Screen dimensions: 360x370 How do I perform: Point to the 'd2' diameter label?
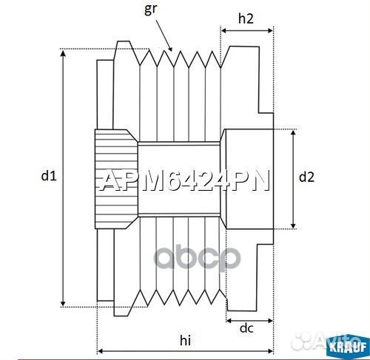click(x=306, y=177)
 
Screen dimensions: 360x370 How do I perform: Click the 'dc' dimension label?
click(x=247, y=328)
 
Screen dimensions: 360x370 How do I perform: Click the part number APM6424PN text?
click(x=185, y=180)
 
